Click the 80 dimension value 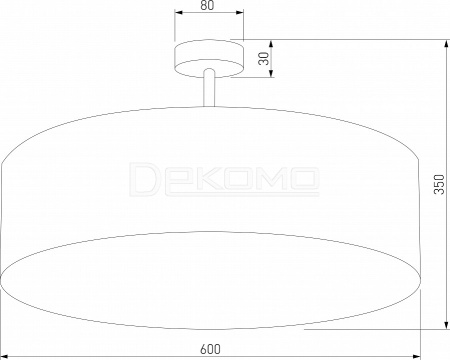pyautogui.click(x=207, y=5)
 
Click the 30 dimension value pyautogui.click(x=264, y=59)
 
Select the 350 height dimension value pyautogui.click(x=439, y=184)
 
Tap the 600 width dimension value pyautogui.click(x=210, y=349)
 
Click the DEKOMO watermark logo pyautogui.click(x=224, y=179)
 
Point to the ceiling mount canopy pyautogui.click(x=209, y=59)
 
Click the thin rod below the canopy pyautogui.click(x=209, y=88)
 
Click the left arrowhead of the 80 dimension pyautogui.click(x=179, y=13)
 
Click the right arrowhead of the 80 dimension pyautogui.click(x=240, y=13)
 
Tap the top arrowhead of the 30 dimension pyautogui.click(x=271, y=44)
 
